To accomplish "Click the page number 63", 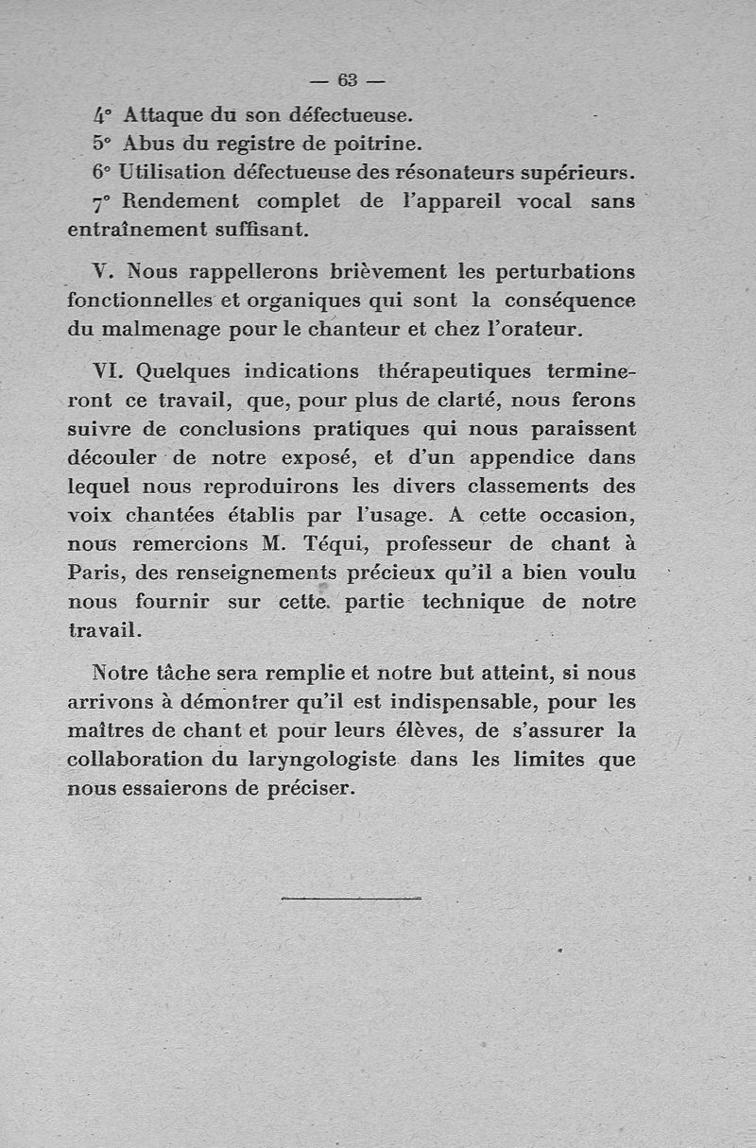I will coord(349,78).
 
